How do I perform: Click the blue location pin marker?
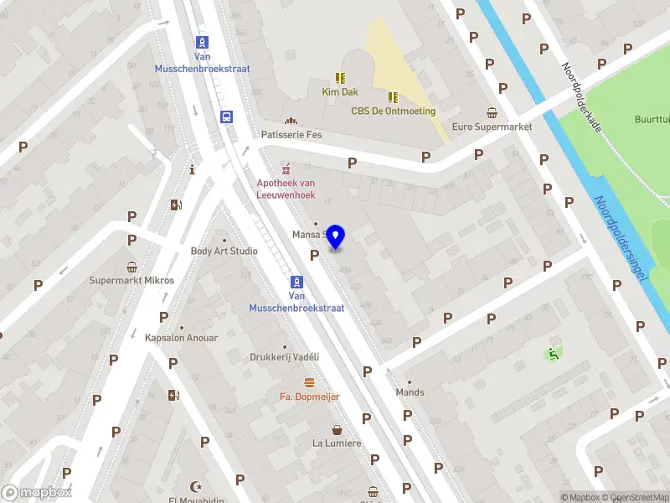pos(336,237)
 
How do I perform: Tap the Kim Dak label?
pos(340,91)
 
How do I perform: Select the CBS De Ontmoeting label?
pos(393,111)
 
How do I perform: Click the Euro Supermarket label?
pos(492,127)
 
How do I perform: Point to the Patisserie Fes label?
pos(291,134)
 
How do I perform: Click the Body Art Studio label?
pos(224,251)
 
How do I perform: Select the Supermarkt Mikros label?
pos(131,280)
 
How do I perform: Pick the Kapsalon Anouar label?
pos(181,338)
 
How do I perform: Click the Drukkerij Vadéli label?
pos(285,356)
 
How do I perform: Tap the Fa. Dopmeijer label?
pos(309,396)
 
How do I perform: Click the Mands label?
pos(410,392)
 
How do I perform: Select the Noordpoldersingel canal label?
pos(621,239)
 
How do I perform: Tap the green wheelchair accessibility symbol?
pos(552,355)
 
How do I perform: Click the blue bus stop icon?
pos(227,117)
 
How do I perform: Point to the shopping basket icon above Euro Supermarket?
pos(492,113)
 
